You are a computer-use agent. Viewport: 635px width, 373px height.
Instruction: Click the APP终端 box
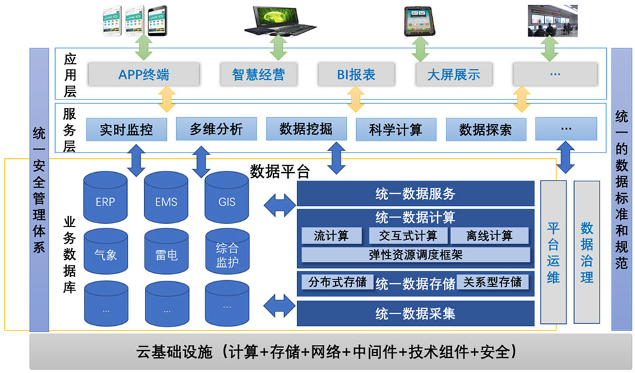[x=143, y=74]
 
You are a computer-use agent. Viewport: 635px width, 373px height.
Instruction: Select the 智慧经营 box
[x=258, y=74]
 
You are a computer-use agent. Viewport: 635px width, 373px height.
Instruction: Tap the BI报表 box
[x=356, y=74]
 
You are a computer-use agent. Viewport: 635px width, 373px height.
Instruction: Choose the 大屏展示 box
[x=454, y=74]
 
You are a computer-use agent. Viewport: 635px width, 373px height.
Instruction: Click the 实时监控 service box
[x=126, y=129]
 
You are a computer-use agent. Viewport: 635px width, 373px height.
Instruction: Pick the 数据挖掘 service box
[x=306, y=129]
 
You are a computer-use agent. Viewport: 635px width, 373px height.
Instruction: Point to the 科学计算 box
[x=395, y=129]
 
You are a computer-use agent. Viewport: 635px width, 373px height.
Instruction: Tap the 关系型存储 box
[x=493, y=282]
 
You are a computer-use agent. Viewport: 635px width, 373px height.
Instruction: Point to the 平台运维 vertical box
[x=553, y=253]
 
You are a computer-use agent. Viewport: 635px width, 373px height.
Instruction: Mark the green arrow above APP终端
[x=143, y=48]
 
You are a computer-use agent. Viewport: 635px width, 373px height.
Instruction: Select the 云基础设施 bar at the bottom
[x=317, y=352]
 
